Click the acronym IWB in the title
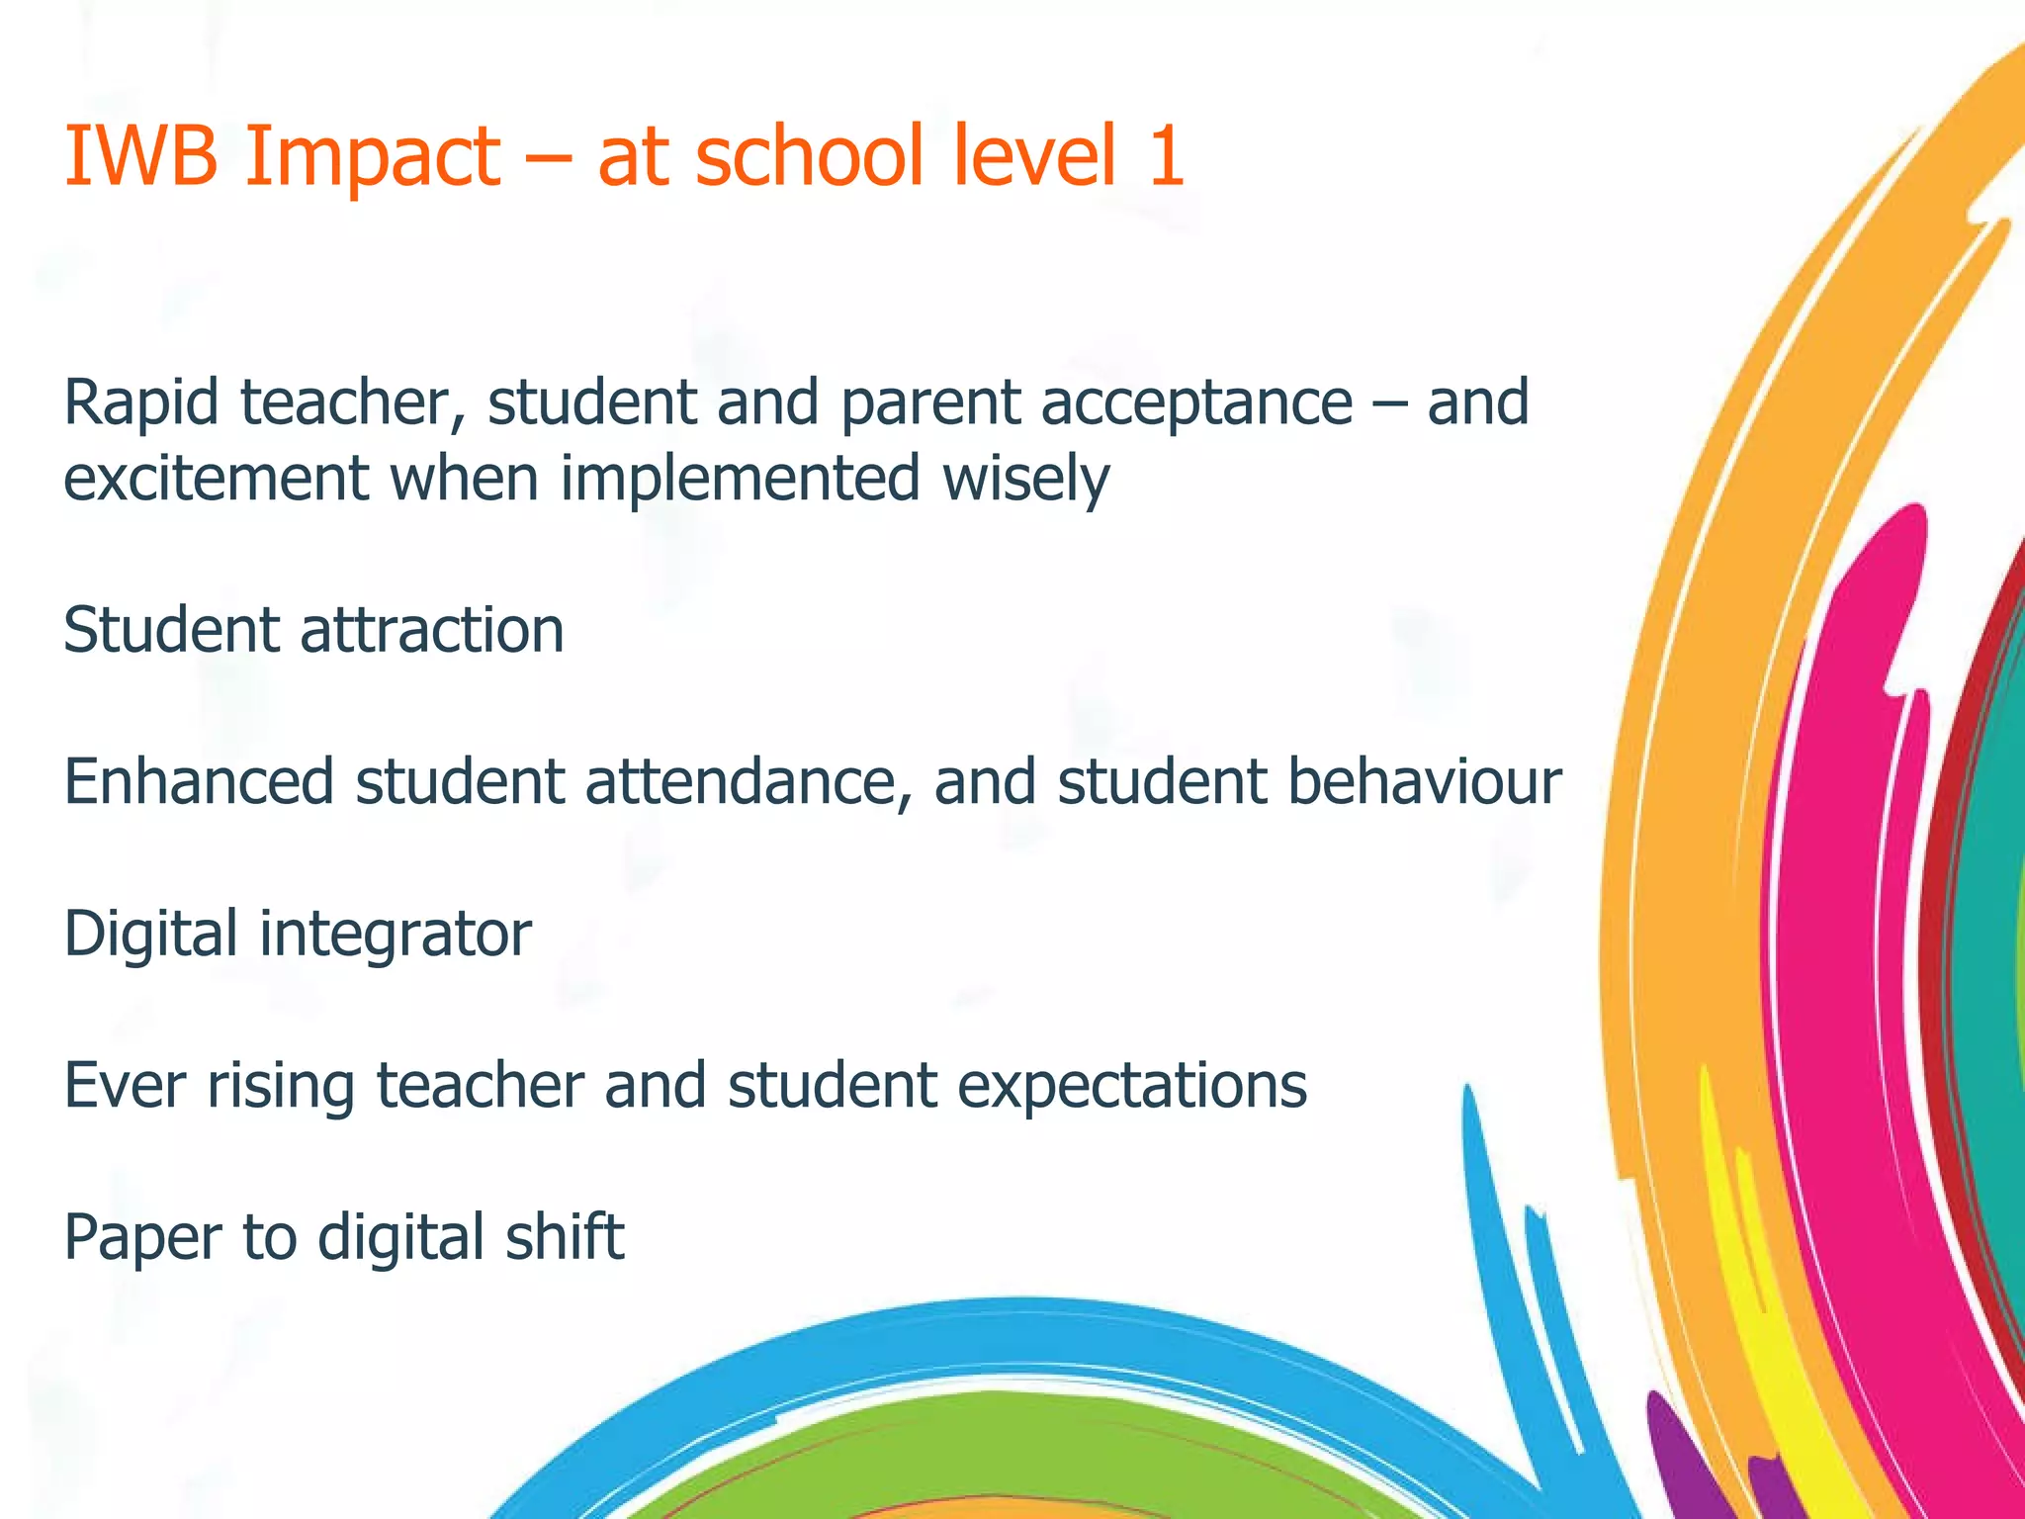click(x=139, y=155)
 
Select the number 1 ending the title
click(x=1165, y=155)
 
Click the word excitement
click(x=216, y=478)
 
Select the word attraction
click(x=432, y=630)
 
